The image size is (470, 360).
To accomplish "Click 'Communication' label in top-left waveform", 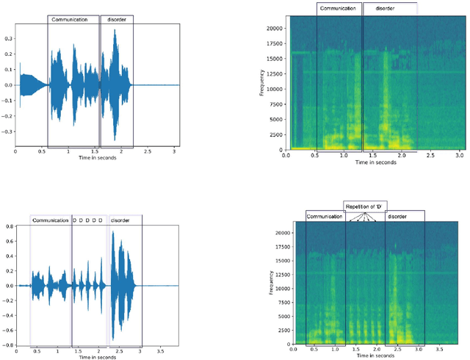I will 74,19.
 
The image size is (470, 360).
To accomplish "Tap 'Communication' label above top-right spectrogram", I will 339,9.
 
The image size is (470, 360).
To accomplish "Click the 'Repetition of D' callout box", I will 365,206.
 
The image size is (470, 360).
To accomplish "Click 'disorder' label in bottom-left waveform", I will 122,220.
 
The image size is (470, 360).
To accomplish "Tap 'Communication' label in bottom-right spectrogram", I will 325,217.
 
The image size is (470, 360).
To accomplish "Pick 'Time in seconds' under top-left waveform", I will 93,159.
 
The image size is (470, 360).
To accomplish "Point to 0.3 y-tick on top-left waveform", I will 9,37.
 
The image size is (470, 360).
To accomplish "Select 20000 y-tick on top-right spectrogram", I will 276,28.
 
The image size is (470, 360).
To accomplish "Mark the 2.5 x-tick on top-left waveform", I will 148,152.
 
